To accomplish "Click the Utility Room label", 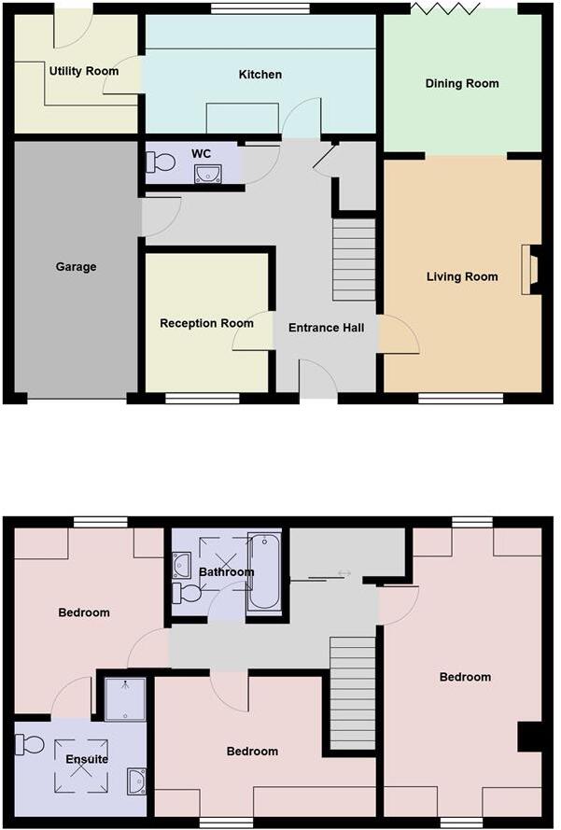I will coord(85,71).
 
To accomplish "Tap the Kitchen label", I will coord(260,75).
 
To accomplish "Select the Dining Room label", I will coord(462,84).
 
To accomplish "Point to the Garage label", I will coord(76,267).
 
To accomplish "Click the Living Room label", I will coord(462,276).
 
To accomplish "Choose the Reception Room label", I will coord(206,324).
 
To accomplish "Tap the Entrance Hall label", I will coord(326,328).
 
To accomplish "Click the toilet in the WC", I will coord(161,162).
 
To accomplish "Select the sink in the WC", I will coord(208,172).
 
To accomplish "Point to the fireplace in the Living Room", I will coord(532,271).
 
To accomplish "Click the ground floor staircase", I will coord(354,259).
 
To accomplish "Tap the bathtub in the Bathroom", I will coord(263,571).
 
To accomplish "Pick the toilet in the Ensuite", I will coord(29,744).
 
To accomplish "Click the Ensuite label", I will coord(87,759).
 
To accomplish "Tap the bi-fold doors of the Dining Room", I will coord(446,8).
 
